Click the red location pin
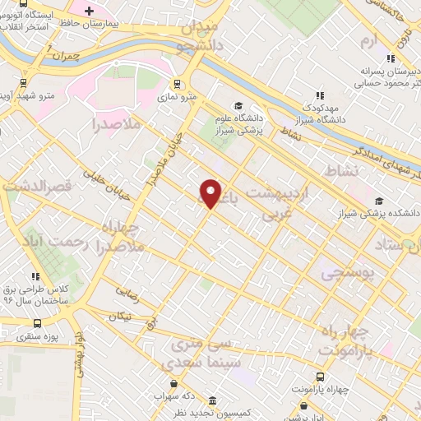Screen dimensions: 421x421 [x=211, y=192]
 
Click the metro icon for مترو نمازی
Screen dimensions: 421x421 [x=178, y=83]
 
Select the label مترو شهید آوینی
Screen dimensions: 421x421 [x=47, y=95]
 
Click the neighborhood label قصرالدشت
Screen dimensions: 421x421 [x=33, y=187]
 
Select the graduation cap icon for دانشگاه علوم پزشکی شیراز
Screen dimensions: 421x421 [x=238, y=104]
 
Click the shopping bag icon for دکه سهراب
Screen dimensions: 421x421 [x=173, y=383]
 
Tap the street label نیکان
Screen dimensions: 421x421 [x=123, y=316]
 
